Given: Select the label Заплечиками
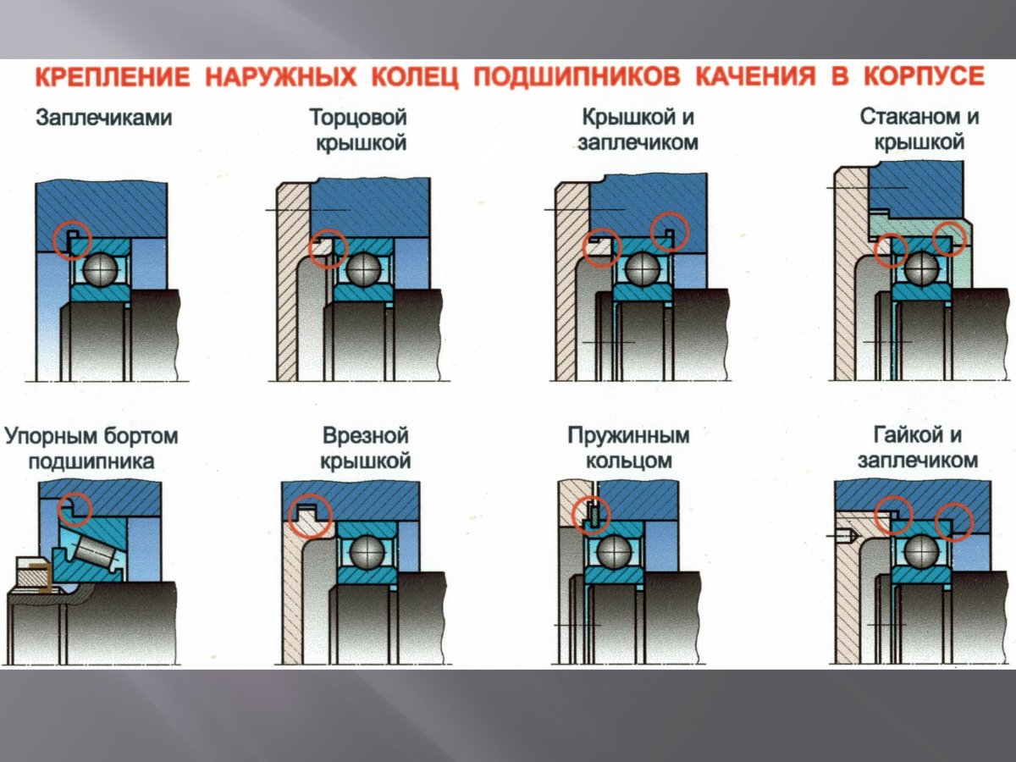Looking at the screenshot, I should click(x=103, y=119).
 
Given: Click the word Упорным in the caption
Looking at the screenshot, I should click(x=57, y=437).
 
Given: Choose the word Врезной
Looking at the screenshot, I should click(x=366, y=437).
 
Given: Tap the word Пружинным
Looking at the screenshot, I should click(x=628, y=437).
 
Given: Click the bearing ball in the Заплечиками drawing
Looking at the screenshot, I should click(x=100, y=268).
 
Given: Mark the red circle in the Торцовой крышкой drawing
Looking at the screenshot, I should click(x=329, y=247).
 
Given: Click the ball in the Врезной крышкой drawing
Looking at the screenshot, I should click(x=368, y=552).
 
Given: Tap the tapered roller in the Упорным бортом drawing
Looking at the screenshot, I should click(x=92, y=550).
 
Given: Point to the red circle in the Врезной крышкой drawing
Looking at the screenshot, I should click(x=307, y=515).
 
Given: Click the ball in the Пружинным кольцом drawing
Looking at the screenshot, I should click(x=614, y=552).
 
